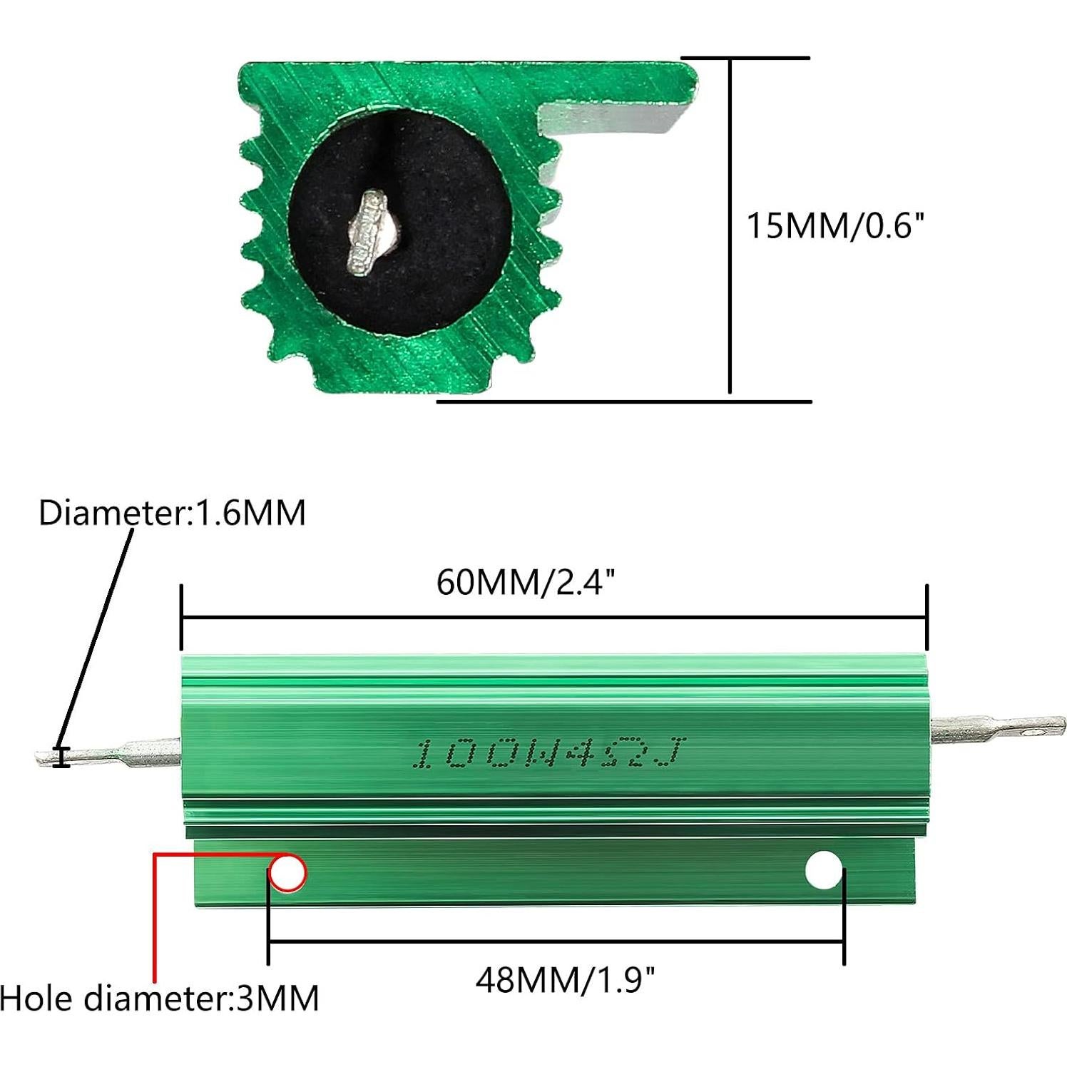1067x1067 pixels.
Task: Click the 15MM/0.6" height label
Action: tap(834, 226)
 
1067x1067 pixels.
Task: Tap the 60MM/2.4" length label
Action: tap(525, 583)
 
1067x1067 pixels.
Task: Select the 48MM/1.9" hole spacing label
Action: tap(565, 980)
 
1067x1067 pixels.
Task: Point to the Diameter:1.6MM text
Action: tap(172, 513)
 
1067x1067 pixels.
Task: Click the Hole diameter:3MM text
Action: tap(159, 998)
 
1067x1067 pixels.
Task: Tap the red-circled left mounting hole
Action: tap(287, 872)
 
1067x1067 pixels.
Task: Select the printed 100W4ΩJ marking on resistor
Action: tap(550, 754)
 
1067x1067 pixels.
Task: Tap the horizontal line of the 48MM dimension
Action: tap(556, 942)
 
